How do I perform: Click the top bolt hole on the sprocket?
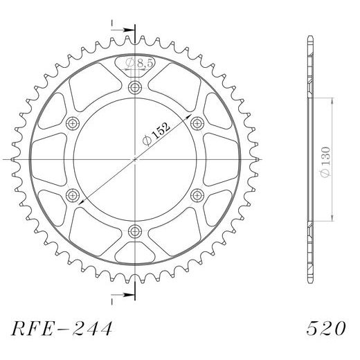(134, 87)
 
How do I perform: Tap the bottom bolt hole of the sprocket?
(134, 231)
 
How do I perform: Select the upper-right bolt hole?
(197, 123)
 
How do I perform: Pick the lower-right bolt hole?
(197, 195)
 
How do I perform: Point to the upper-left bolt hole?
(72, 123)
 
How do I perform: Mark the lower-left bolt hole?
(72, 195)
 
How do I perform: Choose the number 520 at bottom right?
(323, 326)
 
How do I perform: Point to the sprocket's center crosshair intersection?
(134, 159)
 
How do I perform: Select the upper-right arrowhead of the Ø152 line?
(188, 118)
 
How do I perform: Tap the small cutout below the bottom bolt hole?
(134, 251)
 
